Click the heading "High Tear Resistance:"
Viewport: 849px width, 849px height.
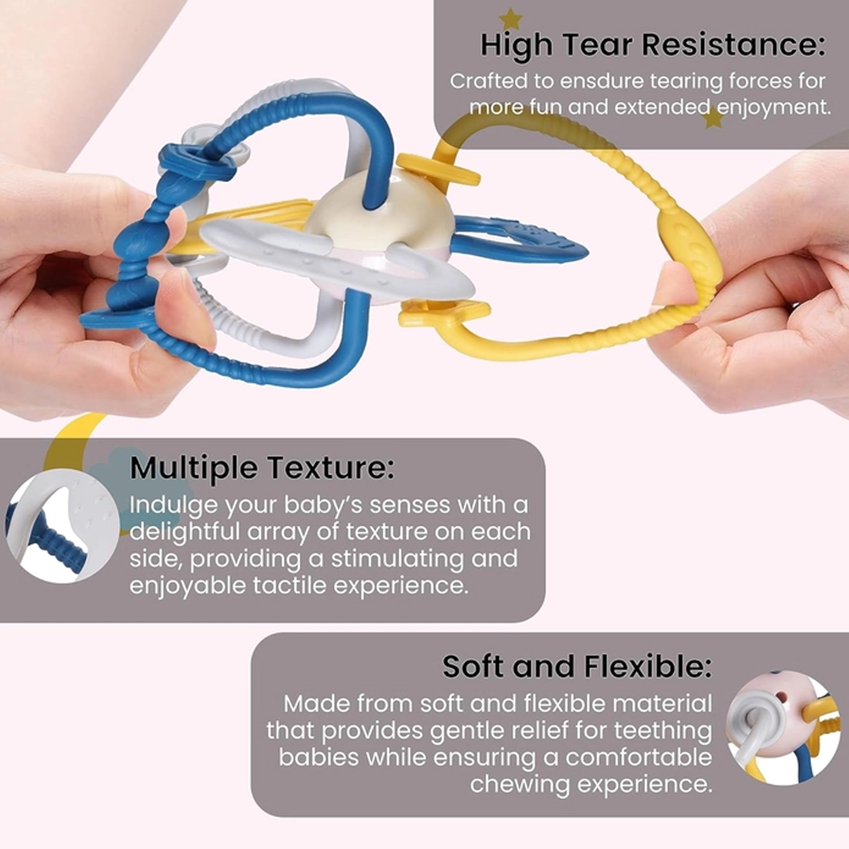point(653,45)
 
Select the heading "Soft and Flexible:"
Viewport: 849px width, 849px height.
point(577,666)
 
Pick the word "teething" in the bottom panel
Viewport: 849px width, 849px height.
point(662,731)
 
